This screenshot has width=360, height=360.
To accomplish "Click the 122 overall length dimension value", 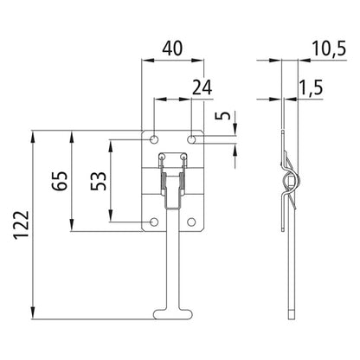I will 19,224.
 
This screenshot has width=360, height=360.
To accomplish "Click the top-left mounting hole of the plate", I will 154,139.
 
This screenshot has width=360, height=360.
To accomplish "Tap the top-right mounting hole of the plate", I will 192,139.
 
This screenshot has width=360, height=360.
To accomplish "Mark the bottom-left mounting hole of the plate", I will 154,222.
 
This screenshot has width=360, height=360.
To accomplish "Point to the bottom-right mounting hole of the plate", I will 192,222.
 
